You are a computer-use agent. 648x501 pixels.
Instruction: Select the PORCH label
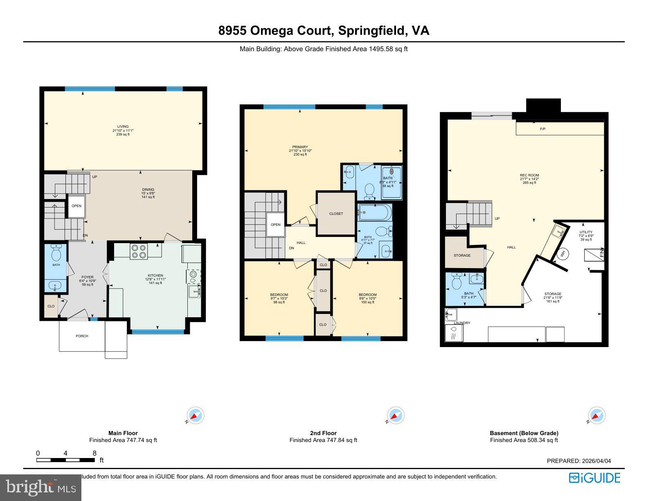coord(82,336)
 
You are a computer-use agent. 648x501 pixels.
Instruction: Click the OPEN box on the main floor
coord(76,206)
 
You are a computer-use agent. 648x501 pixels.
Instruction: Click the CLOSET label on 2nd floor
coord(336,214)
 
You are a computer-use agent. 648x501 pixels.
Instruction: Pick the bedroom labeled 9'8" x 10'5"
coord(367,298)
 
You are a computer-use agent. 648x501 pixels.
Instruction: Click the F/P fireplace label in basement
coord(542,129)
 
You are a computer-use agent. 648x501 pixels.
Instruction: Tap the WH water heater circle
coord(562,253)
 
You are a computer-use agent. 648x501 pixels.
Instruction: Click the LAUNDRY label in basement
coord(462,323)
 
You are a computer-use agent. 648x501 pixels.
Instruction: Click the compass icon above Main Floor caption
coord(196,415)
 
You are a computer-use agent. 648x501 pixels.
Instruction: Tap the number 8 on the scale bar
coord(94,453)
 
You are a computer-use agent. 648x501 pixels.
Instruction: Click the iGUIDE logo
coord(594,478)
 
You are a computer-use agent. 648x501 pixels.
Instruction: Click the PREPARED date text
coord(578,461)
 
